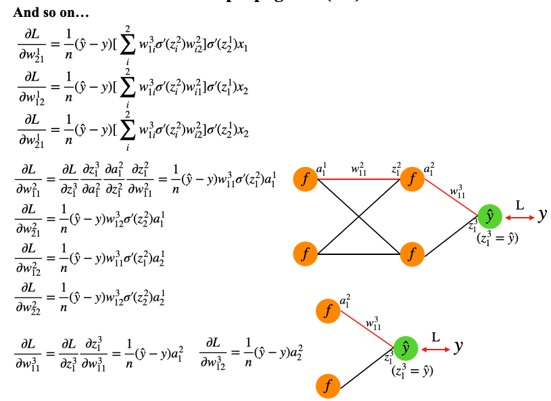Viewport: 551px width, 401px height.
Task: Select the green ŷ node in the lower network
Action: (x=405, y=348)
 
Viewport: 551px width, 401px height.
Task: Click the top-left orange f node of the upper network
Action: (x=306, y=180)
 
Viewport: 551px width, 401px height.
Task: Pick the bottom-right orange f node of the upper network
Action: (x=410, y=254)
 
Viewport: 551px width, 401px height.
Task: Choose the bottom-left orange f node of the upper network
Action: (x=306, y=254)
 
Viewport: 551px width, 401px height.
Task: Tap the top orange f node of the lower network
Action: (x=328, y=311)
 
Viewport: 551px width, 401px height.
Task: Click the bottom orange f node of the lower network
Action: (x=328, y=386)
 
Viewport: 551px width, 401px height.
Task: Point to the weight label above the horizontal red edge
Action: (x=358, y=167)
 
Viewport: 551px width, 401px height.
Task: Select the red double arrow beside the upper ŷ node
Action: (x=519, y=217)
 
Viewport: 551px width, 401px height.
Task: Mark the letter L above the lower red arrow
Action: (x=435, y=335)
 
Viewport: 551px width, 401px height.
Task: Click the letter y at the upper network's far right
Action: (x=542, y=215)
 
